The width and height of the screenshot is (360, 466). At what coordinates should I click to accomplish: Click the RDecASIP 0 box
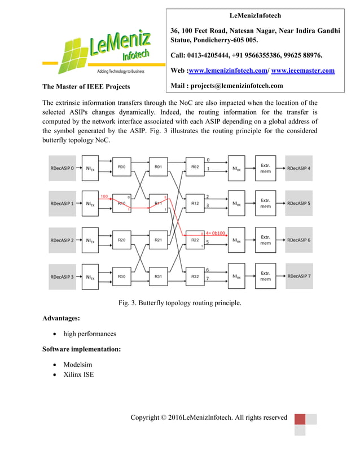62,168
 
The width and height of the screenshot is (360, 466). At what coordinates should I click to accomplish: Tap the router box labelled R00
122,168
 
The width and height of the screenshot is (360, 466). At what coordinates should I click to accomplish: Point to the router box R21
158,240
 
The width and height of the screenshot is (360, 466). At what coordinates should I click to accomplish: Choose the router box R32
194,276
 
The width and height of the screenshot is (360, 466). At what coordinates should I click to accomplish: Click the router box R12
194,204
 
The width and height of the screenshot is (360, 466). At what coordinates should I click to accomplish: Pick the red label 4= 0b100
216,232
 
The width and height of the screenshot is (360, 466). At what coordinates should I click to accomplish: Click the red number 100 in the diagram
104,196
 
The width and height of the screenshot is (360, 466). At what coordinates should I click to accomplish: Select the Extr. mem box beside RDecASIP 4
265,168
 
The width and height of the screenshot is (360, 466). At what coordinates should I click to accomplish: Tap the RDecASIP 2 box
62,240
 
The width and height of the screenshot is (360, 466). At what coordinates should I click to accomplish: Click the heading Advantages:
65,319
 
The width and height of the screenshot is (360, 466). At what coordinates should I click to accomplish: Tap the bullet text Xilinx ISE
79,375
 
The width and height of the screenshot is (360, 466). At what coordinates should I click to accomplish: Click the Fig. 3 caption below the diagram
179,303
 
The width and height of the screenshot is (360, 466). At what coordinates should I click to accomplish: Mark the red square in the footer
300,420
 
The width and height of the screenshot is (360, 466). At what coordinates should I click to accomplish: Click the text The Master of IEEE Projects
86,86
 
